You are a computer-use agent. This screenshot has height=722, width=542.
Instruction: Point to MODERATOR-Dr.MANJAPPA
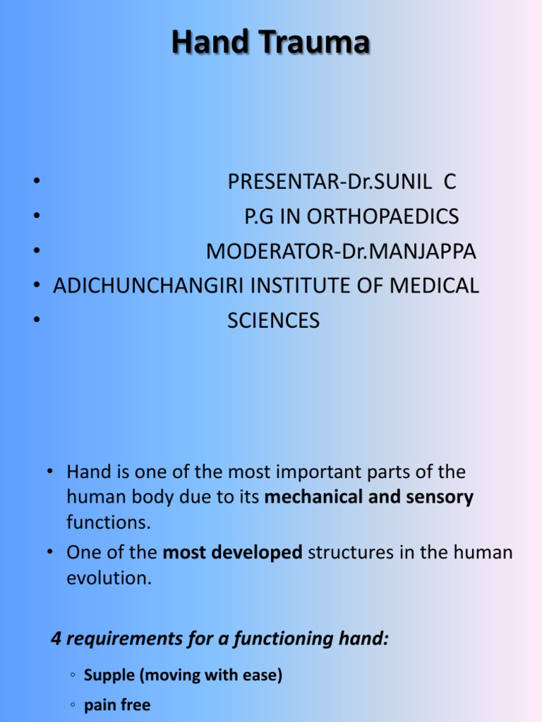341,251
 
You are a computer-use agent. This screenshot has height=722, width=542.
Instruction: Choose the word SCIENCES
273,321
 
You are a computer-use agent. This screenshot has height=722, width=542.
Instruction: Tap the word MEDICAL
433,286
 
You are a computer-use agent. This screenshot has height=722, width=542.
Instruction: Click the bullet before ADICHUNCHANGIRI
35,286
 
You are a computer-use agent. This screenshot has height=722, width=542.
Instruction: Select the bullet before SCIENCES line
35,321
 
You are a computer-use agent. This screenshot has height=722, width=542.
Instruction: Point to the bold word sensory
440,498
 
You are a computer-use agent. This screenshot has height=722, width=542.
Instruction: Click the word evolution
109,579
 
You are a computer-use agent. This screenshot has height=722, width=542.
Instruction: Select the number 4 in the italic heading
56,640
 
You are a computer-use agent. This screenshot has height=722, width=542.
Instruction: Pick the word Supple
109,675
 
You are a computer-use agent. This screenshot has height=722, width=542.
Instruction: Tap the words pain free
117,705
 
